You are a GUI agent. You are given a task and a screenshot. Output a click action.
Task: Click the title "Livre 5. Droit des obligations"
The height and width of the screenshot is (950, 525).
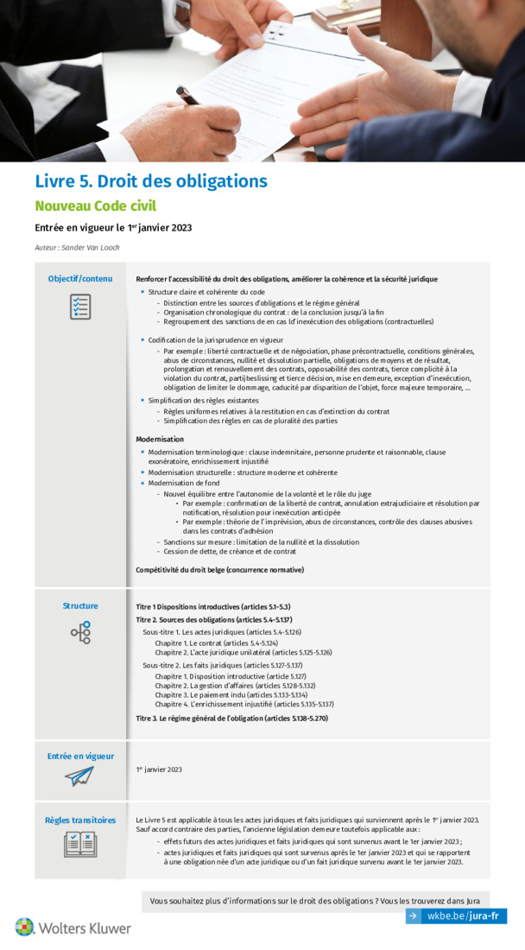click(x=150, y=181)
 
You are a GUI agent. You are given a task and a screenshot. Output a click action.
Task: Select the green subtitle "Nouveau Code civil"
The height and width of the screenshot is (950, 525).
click(x=95, y=206)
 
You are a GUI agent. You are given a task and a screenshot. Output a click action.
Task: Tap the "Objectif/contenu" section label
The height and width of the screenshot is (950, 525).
click(x=79, y=279)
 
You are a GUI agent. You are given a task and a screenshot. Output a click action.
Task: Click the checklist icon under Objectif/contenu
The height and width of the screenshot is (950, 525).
click(x=80, y=307)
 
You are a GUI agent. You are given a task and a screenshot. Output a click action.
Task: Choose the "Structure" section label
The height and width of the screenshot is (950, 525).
click(x=80, y=605)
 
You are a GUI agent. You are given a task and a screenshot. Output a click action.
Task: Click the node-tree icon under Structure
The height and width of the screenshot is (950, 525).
click(x=80, y=633)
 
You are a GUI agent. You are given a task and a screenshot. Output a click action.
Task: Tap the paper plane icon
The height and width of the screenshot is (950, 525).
click(x=79, y=776)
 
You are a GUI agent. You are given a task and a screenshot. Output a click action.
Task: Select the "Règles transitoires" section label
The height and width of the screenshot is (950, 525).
click(x=79, y=820)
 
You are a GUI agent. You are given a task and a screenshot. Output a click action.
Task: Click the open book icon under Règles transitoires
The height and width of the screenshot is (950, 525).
click(x=79, y=845)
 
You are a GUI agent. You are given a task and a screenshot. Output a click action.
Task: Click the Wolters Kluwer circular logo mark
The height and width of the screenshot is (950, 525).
click(x=24, y=928)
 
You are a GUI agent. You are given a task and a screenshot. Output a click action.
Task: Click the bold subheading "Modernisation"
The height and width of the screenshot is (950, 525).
click(x=161, y=440)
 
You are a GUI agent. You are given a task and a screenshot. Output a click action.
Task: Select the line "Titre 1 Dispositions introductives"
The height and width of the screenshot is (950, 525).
click(x=212, y=607)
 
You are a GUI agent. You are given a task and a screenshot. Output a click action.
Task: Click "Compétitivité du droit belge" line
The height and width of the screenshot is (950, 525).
click(x=219, y=570)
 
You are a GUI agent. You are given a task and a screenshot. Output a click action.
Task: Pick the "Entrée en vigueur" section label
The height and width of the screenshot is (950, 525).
click(x=79, y=757)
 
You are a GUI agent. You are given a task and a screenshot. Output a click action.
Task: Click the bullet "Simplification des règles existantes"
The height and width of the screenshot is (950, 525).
click(x=202, y=401)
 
